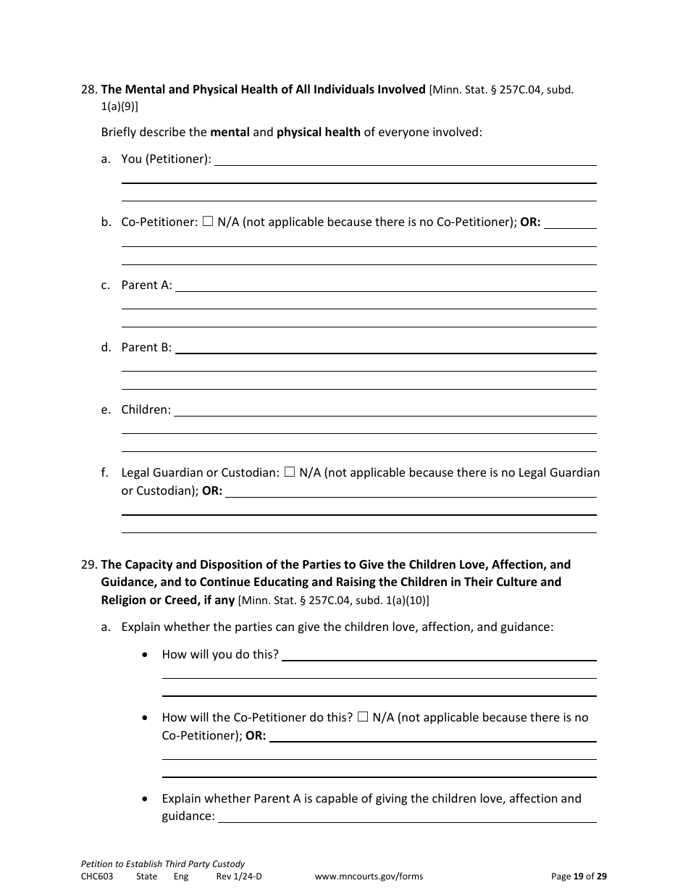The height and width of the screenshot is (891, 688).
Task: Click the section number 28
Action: (x=89, y=90)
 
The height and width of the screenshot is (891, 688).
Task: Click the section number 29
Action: (x=89, y=564)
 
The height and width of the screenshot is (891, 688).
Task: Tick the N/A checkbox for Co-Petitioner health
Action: (x=208, y=222)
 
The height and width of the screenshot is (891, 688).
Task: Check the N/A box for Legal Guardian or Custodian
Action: (x=290, y=472)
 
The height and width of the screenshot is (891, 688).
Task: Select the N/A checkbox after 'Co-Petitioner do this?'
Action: (x=363, y=717)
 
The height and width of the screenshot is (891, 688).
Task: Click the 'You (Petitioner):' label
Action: (x=166, y=159)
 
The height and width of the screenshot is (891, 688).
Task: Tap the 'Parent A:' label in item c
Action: (x=146, y=285)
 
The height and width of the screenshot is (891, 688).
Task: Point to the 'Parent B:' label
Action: (x=146, y=347)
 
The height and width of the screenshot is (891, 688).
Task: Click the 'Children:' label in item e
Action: (x=146, y=409)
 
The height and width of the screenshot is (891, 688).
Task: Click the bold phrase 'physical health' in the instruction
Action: (x=319, y=132)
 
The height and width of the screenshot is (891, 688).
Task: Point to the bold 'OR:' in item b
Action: (x=530, y=222)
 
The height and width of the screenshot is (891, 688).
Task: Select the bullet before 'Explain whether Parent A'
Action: (x=147, y=799)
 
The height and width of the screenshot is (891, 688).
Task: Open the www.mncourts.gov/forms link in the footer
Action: (x=369, y=876)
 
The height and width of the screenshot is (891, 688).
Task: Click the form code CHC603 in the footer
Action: (x=97, y=876)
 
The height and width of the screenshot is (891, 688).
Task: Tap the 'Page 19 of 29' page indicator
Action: (x=579, y=876)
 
